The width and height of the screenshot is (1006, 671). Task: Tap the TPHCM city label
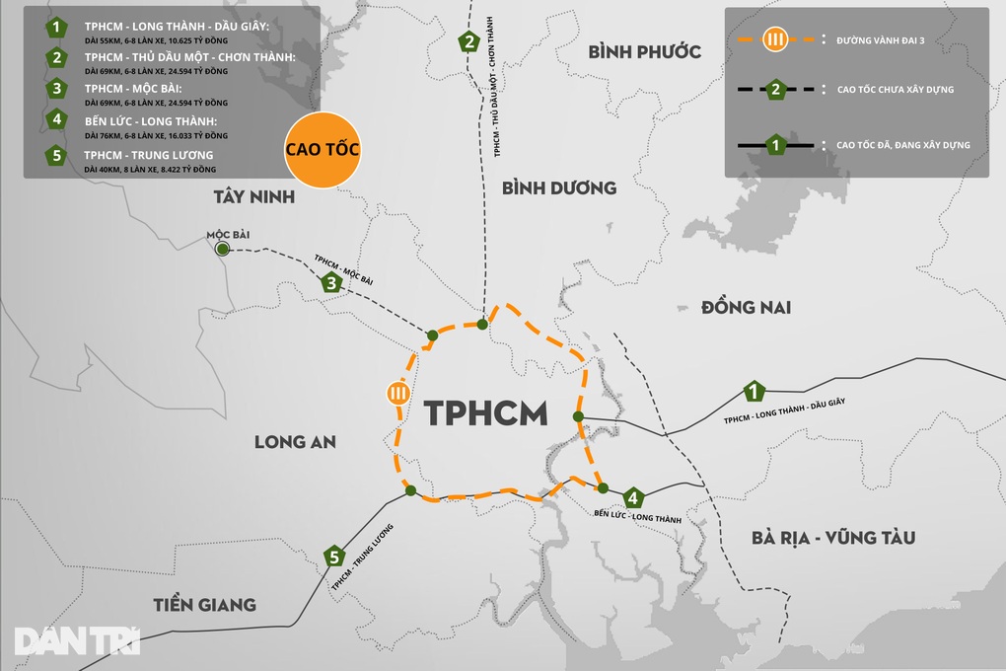[486, 413]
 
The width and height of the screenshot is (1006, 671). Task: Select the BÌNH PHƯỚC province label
[644, 51]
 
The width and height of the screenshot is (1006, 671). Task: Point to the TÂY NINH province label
[253, 196]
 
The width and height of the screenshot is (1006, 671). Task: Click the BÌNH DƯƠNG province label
[558, 187]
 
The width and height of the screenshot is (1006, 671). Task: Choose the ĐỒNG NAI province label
[746, 308]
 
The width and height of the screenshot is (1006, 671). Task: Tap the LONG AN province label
[295, 442]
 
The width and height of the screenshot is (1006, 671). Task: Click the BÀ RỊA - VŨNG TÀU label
[832, 538]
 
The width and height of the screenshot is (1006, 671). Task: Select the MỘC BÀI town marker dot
[223, 250]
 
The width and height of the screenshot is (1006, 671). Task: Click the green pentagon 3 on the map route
[331, 284]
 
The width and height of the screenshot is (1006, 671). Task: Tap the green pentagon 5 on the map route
[335, 558]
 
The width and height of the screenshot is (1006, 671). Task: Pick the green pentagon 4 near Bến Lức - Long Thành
[633, 497]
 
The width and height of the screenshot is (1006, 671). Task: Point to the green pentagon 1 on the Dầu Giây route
[754, 392]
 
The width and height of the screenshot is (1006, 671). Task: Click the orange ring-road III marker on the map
[397, 393]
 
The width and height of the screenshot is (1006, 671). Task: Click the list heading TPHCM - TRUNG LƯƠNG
[149, 155]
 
